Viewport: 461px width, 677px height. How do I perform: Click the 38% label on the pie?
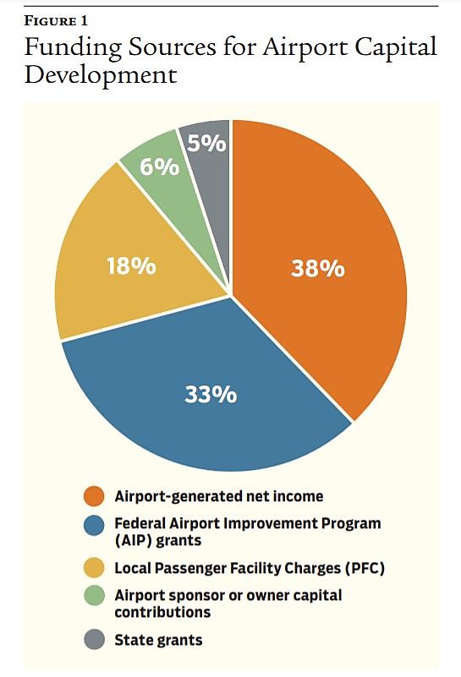click(317, 269)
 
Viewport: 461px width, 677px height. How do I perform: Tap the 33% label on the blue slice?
click(209, 394)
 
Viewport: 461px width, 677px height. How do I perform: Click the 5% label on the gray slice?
click(207, 144)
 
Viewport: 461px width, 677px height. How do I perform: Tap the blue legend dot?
click(93, 524)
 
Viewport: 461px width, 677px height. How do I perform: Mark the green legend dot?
click(93, 596)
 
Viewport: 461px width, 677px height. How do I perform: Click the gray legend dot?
click(93, 640)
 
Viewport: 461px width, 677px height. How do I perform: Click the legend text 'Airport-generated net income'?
click(219, 496)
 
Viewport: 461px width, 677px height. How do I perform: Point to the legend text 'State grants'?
click(159, 640)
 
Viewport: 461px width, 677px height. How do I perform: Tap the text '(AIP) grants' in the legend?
click(157, 540)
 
